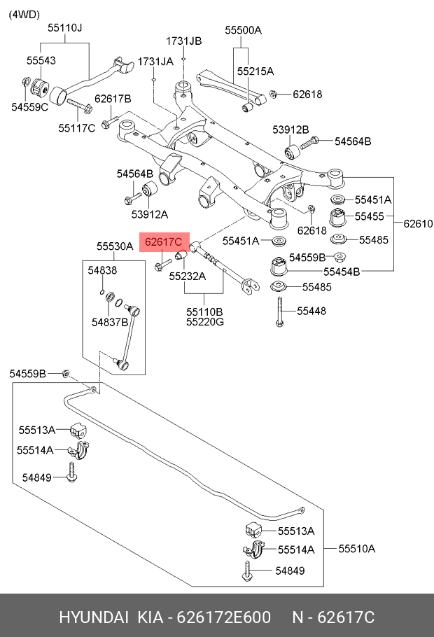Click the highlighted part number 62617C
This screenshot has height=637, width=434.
tap(163, 242)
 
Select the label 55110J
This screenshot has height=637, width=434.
tap(65, 28)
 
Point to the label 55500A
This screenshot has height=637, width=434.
tap(243, 30)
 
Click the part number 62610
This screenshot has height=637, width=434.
tap(418, 225)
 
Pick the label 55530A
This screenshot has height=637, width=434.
tap(115, 246)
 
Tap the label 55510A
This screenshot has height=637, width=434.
tap(356, 548)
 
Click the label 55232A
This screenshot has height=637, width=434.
tap(188, 276)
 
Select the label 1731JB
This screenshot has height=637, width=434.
tap(183, 41)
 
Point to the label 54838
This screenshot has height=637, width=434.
tap(102, 269)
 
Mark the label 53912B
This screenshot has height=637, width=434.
tap(290, 129)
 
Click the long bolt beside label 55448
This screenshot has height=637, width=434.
tap(279, 311)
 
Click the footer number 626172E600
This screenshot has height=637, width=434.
tap(223, 617)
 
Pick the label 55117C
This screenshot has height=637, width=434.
tap(76, 127)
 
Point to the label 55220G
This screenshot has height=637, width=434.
tap(205, 322)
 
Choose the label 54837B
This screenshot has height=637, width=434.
tap(110, 322)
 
